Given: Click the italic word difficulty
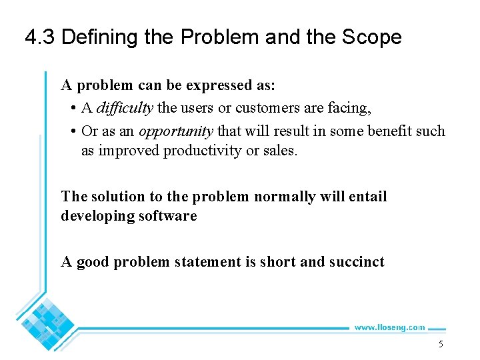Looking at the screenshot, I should coord(125,108).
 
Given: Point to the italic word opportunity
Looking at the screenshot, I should coord(176,131).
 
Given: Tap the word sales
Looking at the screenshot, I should coord(279,151).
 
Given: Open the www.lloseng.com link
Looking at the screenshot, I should coord(389,327).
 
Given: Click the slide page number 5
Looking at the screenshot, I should coord(440,345).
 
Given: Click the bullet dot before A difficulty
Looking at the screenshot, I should coord(72,109).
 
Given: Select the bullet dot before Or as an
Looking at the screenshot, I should coord(72,131).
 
